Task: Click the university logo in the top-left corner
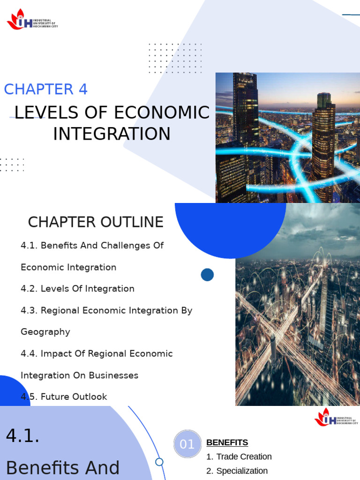coord(32,20)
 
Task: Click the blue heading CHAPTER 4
coord(46,89)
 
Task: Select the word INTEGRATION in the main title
coord(112,134)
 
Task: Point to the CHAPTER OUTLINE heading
coord(96,222)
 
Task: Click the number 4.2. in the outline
coord(29,289)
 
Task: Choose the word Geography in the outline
coord(45,332)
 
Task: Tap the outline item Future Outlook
coord(74,397)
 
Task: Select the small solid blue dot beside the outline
coord(207,275)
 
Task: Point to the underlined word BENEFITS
coord(227,442)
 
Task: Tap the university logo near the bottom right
coord(336,417)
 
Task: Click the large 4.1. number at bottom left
coord(22,436)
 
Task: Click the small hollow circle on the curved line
coord(159,462)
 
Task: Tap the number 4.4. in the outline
coord(29,353)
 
